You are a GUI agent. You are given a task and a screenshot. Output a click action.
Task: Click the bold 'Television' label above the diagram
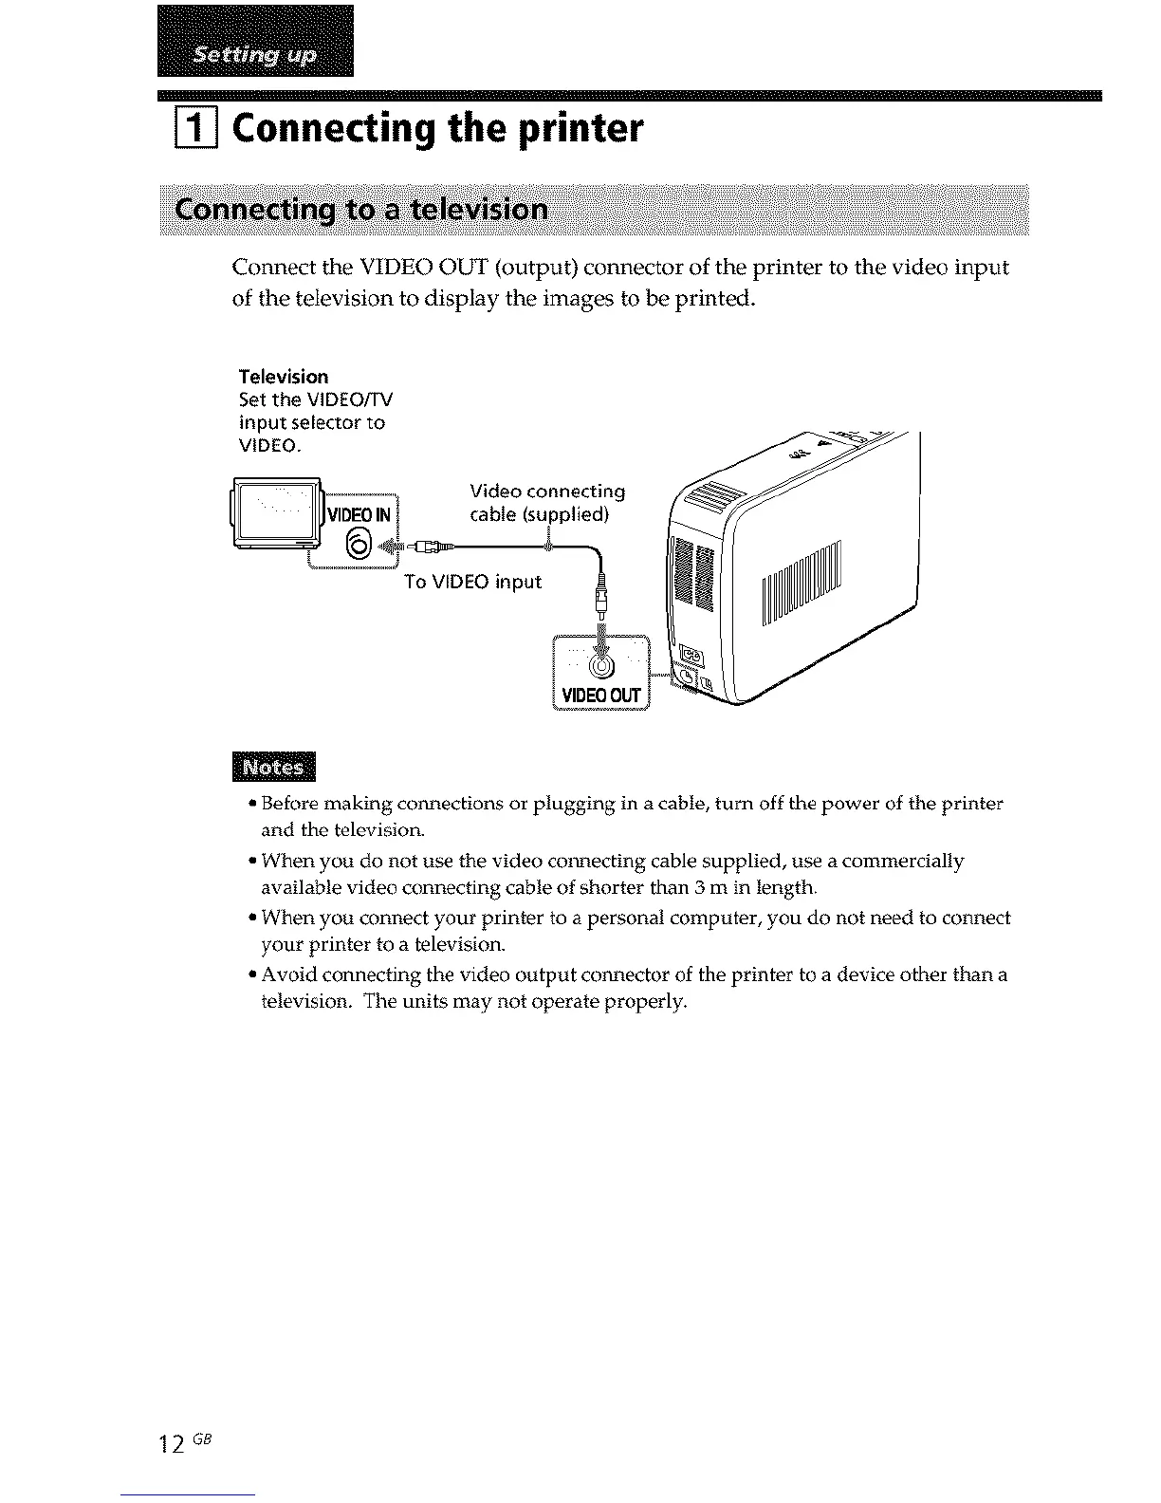click(284, 377)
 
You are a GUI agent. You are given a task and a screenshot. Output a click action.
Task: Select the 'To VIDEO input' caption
click(472, 582)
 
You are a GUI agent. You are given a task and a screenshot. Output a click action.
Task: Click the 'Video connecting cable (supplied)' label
click(547, 503)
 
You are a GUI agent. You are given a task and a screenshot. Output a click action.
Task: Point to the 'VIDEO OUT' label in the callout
click(601, 696)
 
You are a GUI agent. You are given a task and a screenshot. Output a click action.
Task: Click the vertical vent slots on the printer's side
click(802, 584)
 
